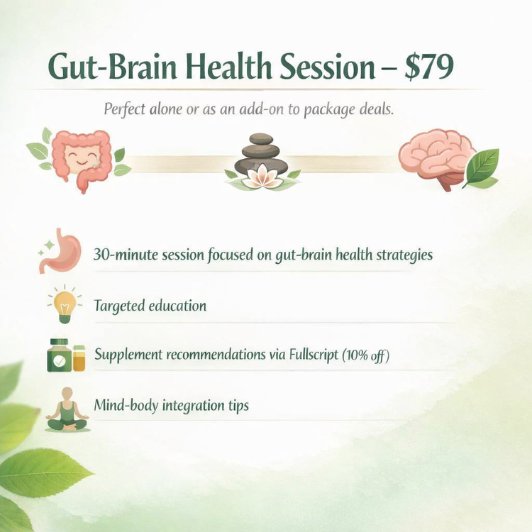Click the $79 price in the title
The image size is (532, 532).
(426, 67)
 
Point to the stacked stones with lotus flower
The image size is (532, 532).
(262, 162)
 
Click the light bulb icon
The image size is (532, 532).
(65, 306)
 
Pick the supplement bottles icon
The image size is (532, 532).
(65, 355)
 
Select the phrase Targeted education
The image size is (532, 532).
(150, 306)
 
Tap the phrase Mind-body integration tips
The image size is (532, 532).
(171, 406)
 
